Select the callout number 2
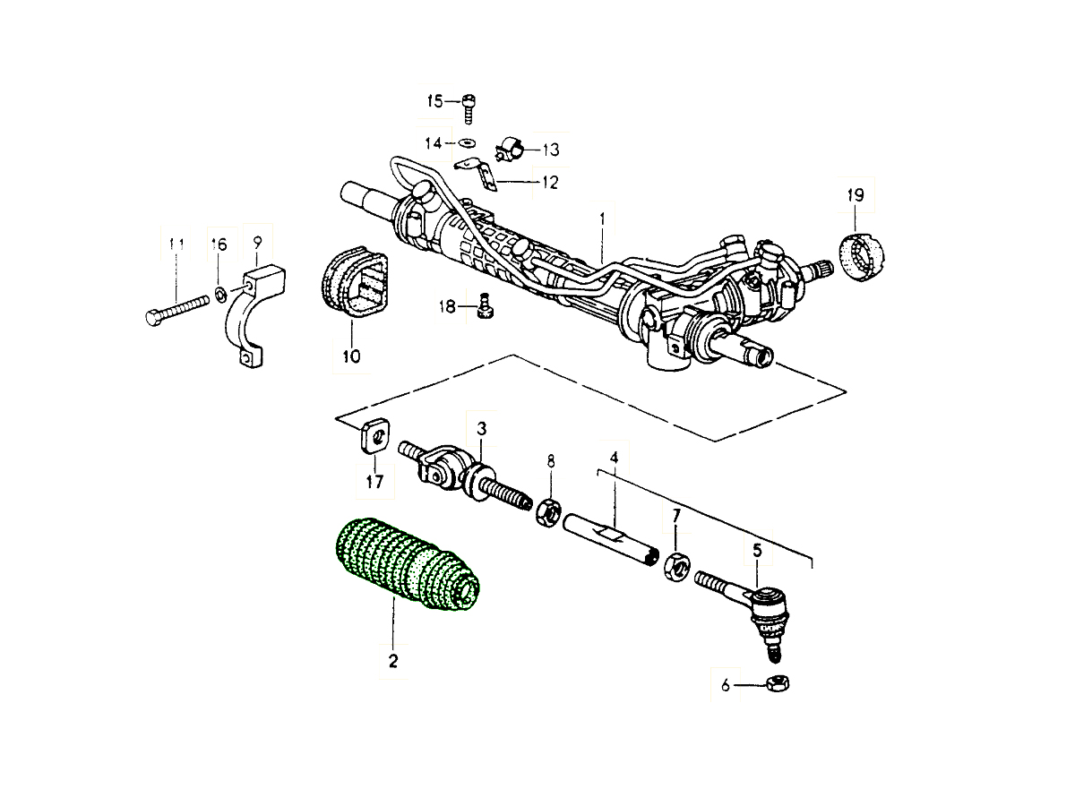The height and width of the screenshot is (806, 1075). (392, 662)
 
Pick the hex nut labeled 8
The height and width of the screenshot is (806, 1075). (548, 513)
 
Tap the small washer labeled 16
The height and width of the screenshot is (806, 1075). (219, 293)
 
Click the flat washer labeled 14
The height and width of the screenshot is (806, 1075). (467, 142)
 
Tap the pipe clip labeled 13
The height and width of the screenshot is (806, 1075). (511, 148)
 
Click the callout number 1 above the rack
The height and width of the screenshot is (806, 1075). (603, 218)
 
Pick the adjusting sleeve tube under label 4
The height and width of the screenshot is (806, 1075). (609, 541)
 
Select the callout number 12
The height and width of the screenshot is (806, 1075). (548, 183)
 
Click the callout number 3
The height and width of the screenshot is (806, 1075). (481, 429)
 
